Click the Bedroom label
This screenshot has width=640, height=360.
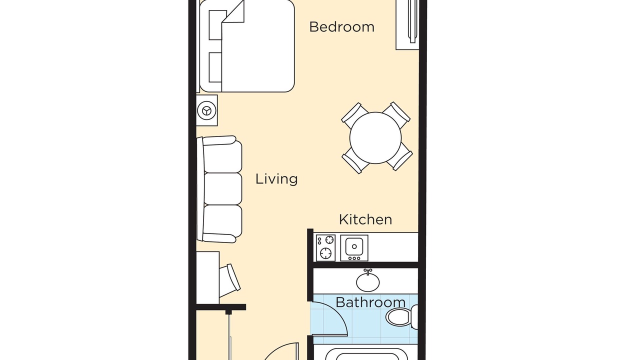tap(341, 27)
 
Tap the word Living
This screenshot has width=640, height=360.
tap(276, 179)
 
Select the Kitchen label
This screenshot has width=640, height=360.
tap(365, 219)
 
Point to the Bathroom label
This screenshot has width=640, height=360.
tap(370, 302)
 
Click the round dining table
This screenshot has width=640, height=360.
tap(375, 138)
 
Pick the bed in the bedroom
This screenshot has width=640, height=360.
tap(247, 45)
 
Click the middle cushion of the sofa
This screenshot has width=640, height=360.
tap(223, 189)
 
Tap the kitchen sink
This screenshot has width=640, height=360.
tap(354, 247)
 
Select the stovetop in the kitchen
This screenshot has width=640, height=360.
tap(325, 247)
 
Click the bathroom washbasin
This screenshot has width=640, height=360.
tap(367, 281)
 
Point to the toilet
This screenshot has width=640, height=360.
tap(401, 317)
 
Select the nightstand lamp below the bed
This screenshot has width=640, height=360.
tap(206, 110)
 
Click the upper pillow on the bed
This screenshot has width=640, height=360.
tap(215, 25)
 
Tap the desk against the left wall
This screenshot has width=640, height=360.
tap(207, 277)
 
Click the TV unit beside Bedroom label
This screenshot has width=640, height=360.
tap(407, 25)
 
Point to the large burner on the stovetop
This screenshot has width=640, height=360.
tap(325, 253)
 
